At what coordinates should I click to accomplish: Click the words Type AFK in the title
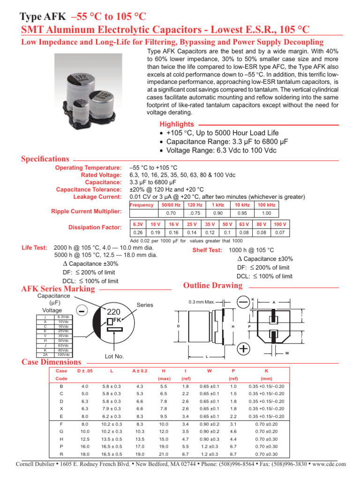(x=43, y=17)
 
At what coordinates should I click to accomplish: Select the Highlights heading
(x=177, y=124)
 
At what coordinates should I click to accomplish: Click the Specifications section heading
(x=45, y=159)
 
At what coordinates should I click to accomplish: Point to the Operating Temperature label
(x=89, y=168)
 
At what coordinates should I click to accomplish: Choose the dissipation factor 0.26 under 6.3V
(x=138, y=232)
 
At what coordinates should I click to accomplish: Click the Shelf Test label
(x=207, y=250)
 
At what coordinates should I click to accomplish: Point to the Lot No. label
(x=114, y=356)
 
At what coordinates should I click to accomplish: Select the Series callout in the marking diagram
(x=145, y=305)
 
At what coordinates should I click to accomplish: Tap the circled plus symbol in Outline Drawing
(x=243, y=349)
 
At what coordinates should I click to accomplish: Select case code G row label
(x=62, y=431)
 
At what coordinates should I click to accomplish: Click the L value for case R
(x=112, y=455)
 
